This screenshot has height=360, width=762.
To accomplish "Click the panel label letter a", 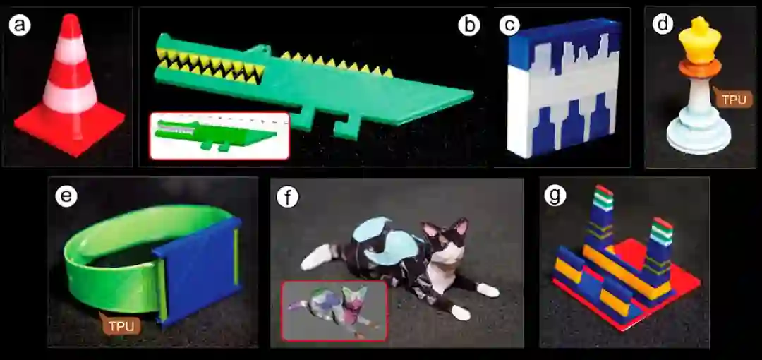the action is click(x=20, y=26).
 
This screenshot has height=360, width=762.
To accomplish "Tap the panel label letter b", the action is click(x=469, y=26).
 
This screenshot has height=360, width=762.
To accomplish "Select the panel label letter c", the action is click(x=509, y=26).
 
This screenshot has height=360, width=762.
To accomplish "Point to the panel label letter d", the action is click(x=663, y=24).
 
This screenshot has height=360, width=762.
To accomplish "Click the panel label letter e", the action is click(x=66, y=196).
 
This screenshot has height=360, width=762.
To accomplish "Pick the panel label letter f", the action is click(x=288, y=197).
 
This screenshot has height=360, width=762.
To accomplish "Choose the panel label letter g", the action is click(x=555, y=196).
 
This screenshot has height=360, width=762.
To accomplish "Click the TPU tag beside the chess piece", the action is click(x=733, y=99).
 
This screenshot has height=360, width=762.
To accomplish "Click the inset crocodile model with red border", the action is click(x=219, y=136).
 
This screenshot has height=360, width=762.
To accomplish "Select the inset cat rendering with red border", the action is click(x=334, y=310).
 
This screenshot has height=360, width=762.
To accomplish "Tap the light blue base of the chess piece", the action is click(x=698, y=136).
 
